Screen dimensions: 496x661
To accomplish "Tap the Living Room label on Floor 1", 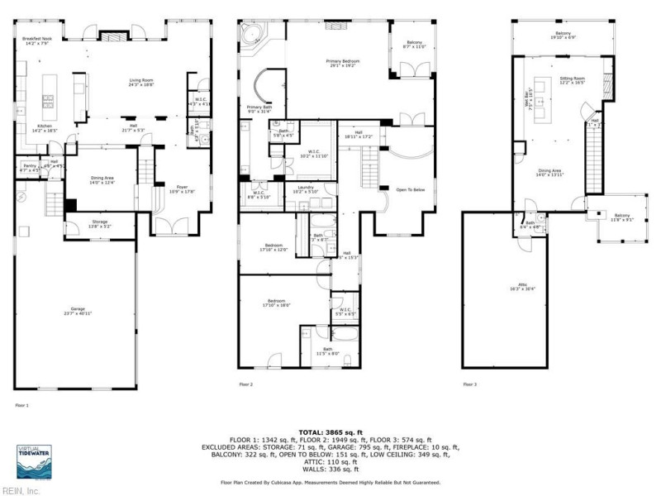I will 141,82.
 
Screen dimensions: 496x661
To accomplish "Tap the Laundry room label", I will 305,188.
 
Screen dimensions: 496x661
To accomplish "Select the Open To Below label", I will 410,189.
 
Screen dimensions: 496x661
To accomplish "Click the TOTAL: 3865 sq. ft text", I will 330,432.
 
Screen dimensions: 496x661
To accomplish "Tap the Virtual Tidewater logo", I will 34,460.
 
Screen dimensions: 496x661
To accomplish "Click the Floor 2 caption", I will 245,384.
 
